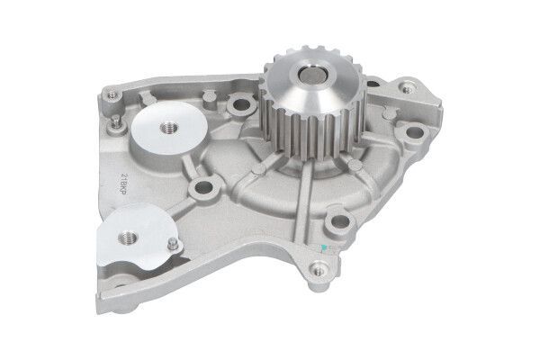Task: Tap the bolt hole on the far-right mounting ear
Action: coord(414,135)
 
